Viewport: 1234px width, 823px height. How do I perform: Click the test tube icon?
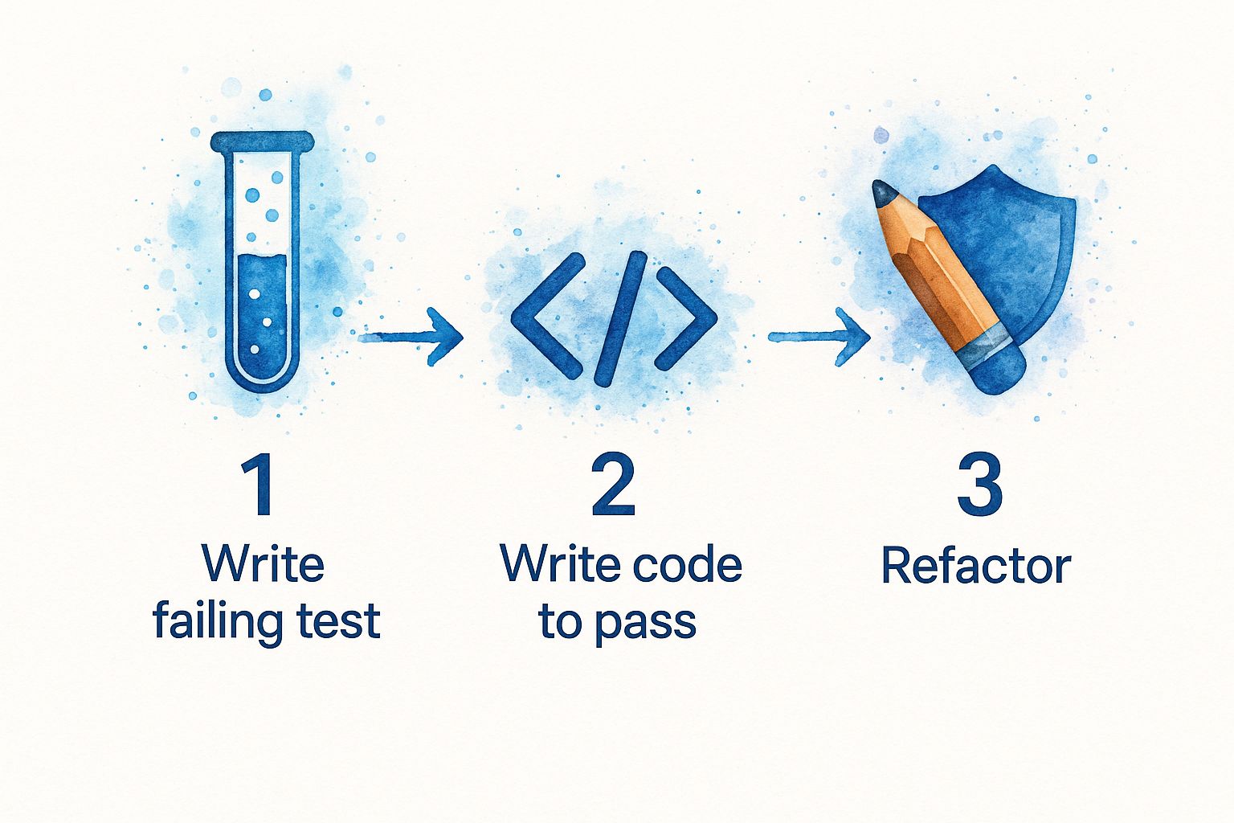[x=262, y=265]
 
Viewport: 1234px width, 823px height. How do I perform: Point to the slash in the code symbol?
[x=619, y=317]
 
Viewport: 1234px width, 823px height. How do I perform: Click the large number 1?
[x=259, y=486]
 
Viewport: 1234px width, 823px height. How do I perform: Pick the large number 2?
[x=613, y=486]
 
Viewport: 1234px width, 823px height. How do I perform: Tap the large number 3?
[x=979, y=486]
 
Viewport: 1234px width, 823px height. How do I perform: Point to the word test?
[x=338, y=622]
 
